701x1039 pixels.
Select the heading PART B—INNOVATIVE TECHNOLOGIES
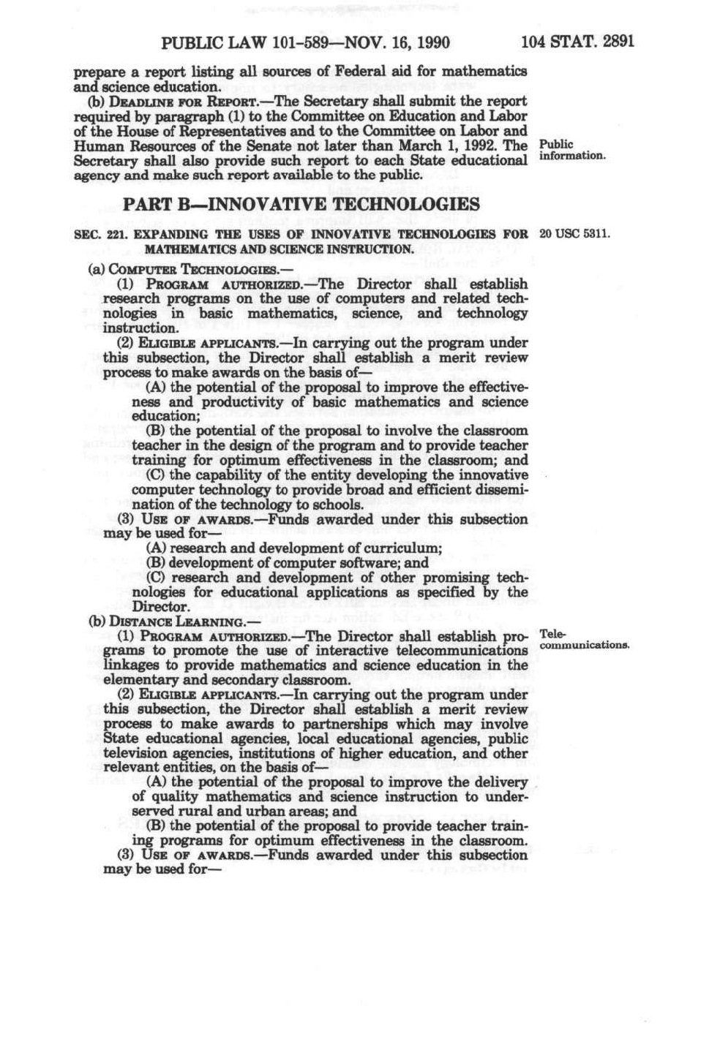301,204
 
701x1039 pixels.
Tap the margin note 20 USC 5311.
574,235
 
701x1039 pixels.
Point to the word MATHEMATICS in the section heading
187,249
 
